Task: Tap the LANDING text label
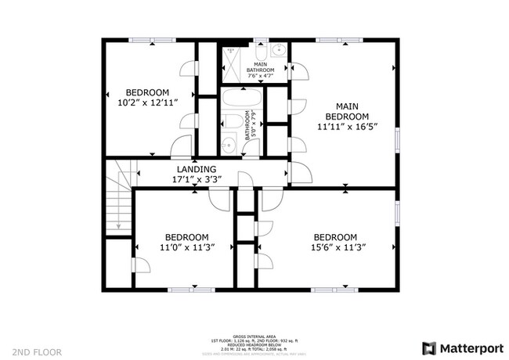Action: point(197,169)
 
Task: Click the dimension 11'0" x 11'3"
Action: point(186,247)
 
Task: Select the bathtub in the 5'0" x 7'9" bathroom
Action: point(243,99)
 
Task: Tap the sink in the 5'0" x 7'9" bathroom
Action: point(228,145)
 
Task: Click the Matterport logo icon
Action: point(430,347)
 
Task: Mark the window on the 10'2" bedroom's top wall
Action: point(152,39)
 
